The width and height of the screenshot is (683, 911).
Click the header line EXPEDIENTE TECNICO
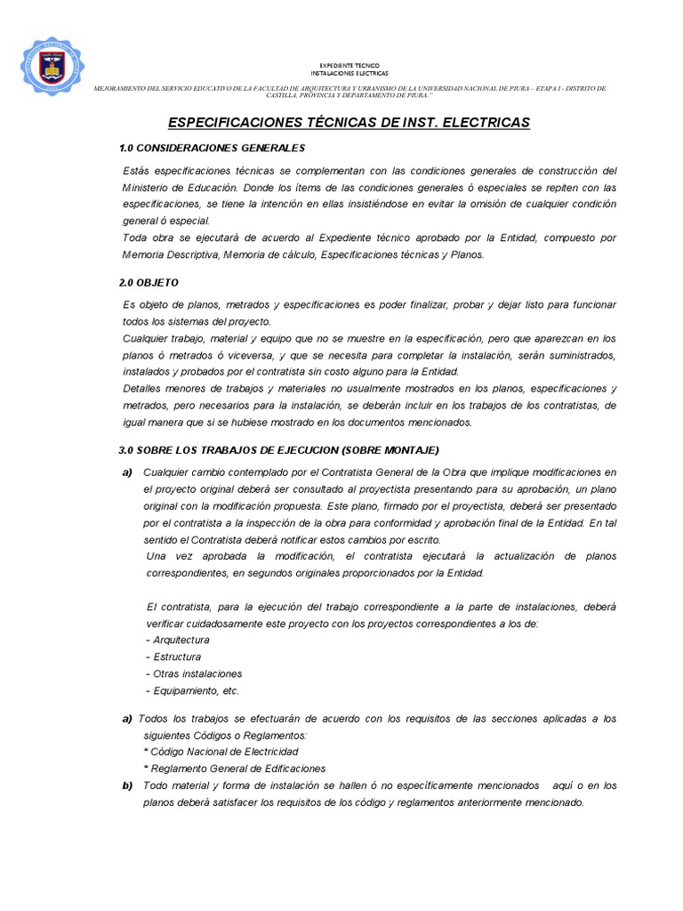pos(349,66)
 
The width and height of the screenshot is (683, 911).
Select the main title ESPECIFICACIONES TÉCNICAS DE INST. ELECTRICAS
pos(349,122)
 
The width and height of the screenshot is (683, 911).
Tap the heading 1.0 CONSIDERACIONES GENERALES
pos(212,147)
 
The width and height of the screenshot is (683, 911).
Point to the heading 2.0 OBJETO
pos(149,282)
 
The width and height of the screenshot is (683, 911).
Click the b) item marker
pos(126,786)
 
